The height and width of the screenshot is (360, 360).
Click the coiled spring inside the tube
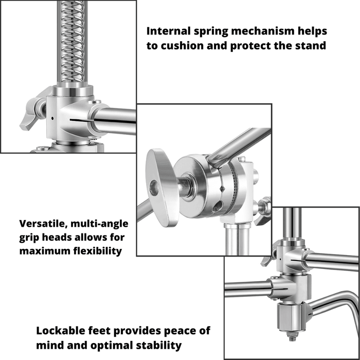(x=73, y=41)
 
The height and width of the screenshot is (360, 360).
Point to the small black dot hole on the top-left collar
(x=52, y=118)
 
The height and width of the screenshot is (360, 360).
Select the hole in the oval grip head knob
(x=154, y=188)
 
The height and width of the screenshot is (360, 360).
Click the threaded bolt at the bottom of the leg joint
(x=292, y=336)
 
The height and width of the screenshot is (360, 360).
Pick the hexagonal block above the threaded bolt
(x=292, y=317)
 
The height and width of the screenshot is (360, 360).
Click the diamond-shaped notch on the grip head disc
(x=222, y=189)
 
